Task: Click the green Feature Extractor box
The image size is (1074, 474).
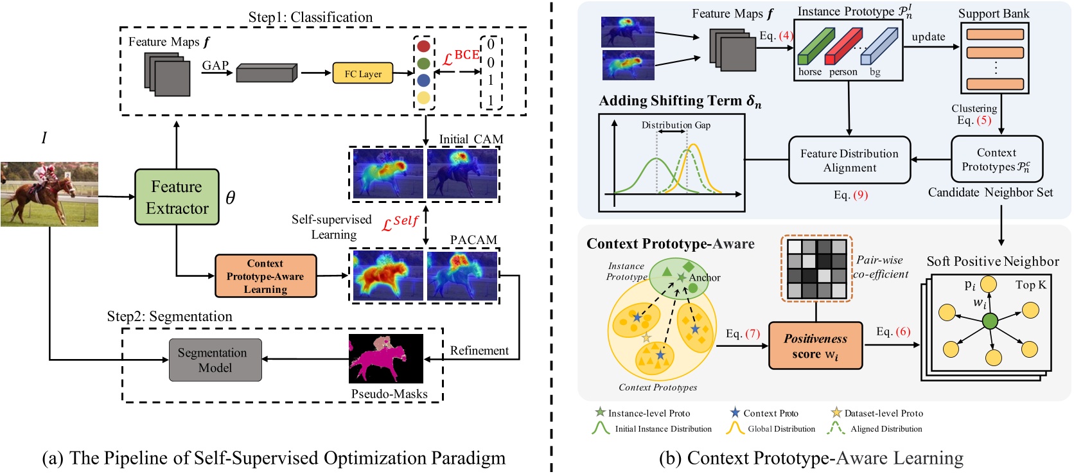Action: [177, 197]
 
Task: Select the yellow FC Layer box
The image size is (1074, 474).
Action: [362, 73]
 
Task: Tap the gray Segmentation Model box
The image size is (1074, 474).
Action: [215, 360]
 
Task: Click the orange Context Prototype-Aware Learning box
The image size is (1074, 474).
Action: [265, 276]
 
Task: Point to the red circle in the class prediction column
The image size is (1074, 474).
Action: [423, 46]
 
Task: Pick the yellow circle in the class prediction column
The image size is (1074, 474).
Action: [423, 98]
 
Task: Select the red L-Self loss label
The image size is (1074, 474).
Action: [400, 223]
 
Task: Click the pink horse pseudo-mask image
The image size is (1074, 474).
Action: [385, 358]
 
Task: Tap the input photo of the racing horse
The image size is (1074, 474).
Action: [49, 194]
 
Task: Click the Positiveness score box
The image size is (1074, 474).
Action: [815, 346]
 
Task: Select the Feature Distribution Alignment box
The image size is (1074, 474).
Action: [849, 161]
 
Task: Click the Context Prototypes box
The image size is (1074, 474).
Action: [996, 159]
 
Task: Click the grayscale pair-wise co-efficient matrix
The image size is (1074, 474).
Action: [816, 268]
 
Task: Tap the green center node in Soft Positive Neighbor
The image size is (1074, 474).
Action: [990, 320]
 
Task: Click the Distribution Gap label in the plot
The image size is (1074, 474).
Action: [676, 125]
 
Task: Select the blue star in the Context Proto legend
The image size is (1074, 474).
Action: [735, 412]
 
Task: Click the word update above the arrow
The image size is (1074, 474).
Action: [928, 37]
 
